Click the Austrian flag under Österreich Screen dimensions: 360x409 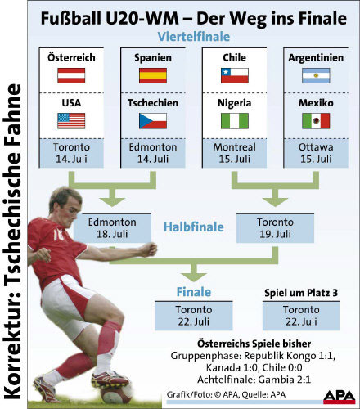(x=71, y=75)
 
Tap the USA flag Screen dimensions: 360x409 (x=71, y=121)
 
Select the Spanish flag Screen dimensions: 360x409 (x=153, y=75)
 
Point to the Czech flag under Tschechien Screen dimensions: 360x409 (x=153, y=121)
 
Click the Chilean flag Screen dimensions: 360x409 (x=235, y=75)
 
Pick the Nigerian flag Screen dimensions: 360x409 (x=235, y=121)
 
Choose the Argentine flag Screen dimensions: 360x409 (x=316, y=75)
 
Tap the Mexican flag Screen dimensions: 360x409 (x=316, y=121)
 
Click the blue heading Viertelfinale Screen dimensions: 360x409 (x=194, y=37)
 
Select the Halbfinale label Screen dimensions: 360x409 (x=194, y=227)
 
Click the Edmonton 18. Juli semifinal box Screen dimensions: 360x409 (x=112, y=228)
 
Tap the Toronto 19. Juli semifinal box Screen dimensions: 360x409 (x=275, y=228)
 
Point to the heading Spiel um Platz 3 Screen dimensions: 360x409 (x=301, y=293)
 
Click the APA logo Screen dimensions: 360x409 (x=340, y=397)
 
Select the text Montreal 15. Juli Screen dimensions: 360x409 (x=235, y=153)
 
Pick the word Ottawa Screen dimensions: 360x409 (x=316, y=147)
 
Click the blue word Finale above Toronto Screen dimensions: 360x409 (x=194, y=292)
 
